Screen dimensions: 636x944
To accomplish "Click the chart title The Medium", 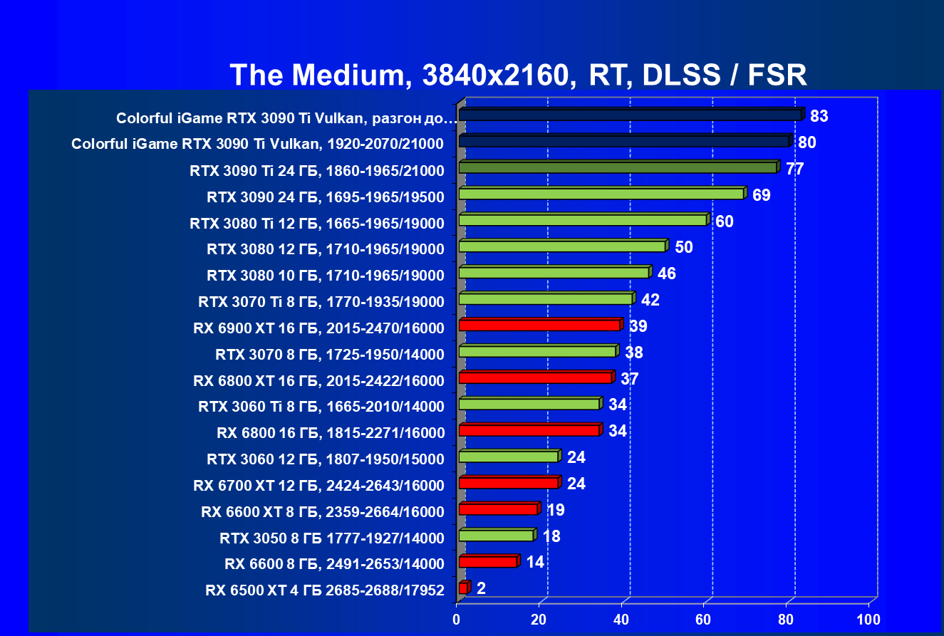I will (x=518, y=75).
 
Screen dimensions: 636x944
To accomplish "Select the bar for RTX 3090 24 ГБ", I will (x=601, y=194).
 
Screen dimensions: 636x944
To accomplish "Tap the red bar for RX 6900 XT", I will (x=539, y=325).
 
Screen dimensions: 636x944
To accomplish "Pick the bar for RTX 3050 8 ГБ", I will (x=496, y=536).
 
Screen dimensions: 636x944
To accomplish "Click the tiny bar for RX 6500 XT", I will (x=463, y=588).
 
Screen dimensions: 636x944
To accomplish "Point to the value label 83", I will (x=819, y=115).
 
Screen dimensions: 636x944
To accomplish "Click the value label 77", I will (x=794, y=168).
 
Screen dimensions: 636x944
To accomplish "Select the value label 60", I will (x=725, y=221).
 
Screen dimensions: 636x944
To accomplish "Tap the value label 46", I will (x=667, y=273).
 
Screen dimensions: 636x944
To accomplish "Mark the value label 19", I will (x=555, y=510).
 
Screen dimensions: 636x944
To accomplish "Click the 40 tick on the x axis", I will (x=622, y=618).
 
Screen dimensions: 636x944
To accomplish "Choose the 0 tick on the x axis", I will (x=457, y=618).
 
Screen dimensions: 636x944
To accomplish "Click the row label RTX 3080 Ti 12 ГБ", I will (x=317, y=223).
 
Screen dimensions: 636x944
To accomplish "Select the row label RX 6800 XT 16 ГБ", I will (x=318, y=381).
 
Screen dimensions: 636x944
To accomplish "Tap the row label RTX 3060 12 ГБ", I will (x=325, y=459).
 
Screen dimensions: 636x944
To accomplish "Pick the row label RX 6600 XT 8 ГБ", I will (x=323, y=512).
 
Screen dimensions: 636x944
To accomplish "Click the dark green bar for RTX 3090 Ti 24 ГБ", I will (x=617, y=167).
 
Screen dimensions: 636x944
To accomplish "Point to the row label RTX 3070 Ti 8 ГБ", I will (x=321, y=302).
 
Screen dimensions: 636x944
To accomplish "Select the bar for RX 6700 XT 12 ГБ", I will (x=508, y=483).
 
